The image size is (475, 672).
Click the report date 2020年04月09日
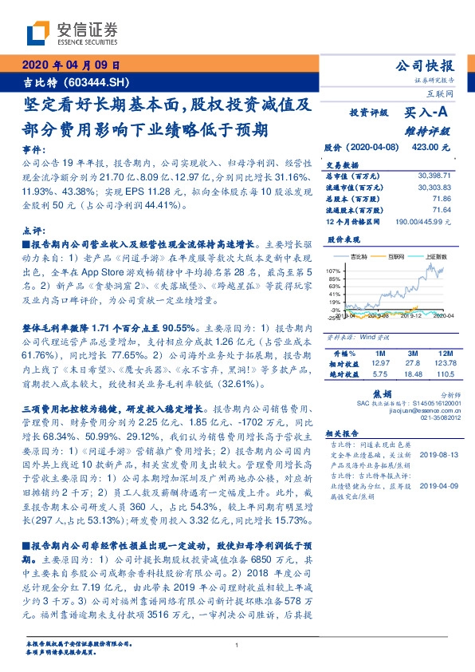pyautogui.click(x=72, y=65)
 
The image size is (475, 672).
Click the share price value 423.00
pyautogui.click(x=434, y=148)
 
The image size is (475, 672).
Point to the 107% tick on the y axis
pyautogui.click(x=332, y=272)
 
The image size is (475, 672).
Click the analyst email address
pyautogui.click(x=421, y=413)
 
